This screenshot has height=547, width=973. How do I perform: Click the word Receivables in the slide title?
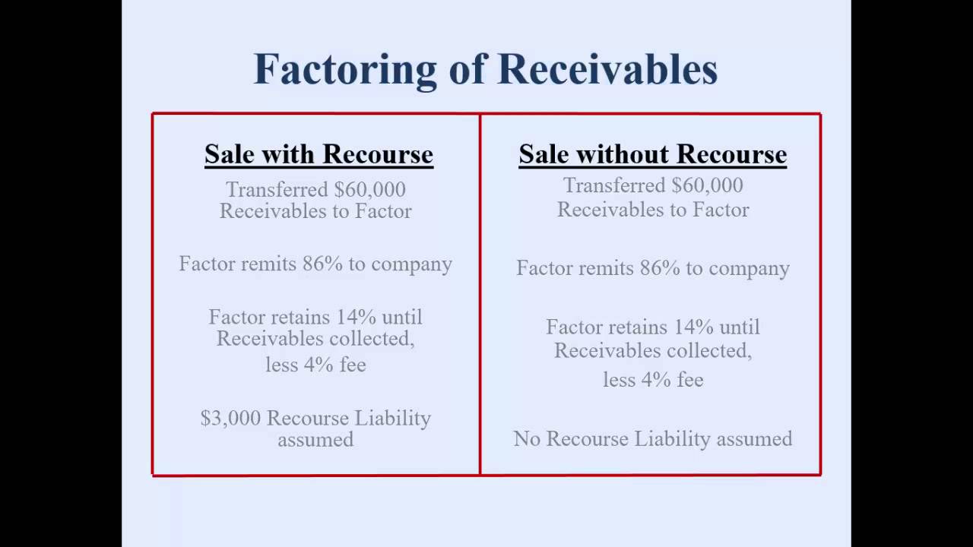(607, 69)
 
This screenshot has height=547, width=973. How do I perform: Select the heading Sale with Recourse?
(319, 154)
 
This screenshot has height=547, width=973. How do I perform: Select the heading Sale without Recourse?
(652, 154)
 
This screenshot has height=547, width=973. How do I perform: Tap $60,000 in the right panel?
(707, 185)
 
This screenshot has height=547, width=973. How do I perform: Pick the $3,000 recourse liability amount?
(230, 419)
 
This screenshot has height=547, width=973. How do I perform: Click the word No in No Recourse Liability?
(527, 439)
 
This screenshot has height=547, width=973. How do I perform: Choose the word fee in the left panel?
(352, 365)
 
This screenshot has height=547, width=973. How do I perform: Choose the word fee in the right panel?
(689, 379)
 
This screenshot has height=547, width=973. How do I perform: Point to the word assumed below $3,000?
(315, 439)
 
